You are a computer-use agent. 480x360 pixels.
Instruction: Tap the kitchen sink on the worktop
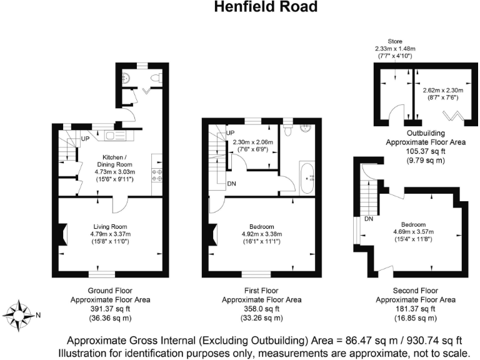(x=116, y=136)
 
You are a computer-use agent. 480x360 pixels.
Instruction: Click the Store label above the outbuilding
(x=395, y=41)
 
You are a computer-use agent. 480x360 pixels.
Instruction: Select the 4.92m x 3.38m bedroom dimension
(x=261, y=234)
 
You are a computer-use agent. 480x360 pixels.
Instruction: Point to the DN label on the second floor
(x=369, y=219)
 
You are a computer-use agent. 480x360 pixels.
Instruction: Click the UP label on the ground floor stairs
(x=84, y=138)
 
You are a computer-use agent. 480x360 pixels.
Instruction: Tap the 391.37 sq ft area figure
(x=110, y=309)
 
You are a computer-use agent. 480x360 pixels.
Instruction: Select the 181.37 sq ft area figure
(x=415, y=309)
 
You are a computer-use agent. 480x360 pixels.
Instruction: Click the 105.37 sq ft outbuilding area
(x=426, y=151)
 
